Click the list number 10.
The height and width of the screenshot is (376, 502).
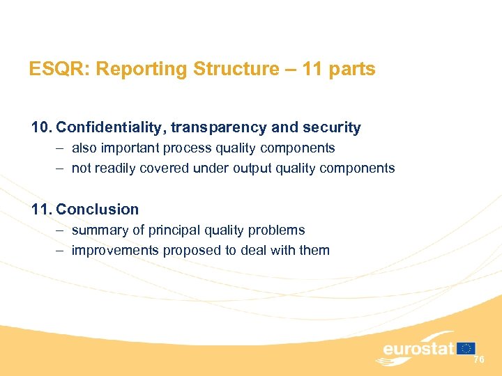pyautogui.click(x=41, y=127)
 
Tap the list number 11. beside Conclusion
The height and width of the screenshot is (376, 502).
pyautogui.click(x=41, y=209)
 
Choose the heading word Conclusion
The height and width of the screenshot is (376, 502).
pyautogui.click(x=98, y=209)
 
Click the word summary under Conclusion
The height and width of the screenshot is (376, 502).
pyautogui.click(x=97, y=230)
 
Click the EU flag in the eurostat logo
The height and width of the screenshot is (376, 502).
pyautogui.click(x=466, y=348)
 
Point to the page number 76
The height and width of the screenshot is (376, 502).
pyautogui.click(x=478, y=360)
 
